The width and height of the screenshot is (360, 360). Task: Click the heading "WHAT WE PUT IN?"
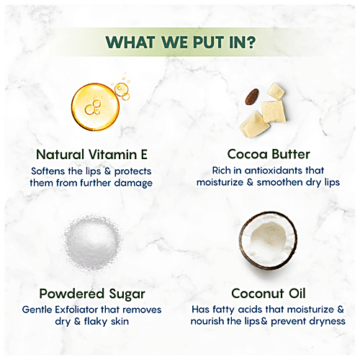click(179, 40)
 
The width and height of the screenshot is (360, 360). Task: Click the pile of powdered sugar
click(94, 244)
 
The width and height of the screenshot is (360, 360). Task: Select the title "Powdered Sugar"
click(94, 293)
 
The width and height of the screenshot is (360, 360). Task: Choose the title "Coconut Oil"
click(268, 293)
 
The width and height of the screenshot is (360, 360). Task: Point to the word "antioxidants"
click(273, 171)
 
